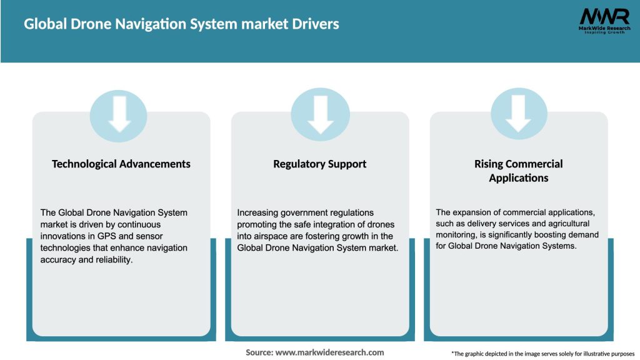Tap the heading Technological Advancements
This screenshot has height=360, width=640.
coord(121,164)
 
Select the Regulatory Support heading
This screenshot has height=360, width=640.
coord(319,164)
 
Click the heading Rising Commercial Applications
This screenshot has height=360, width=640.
coord(518,171)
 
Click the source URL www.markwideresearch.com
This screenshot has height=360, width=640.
coord(329,352)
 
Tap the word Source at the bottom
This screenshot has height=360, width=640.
coord(259,352)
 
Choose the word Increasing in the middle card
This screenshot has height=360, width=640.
coord(258,212)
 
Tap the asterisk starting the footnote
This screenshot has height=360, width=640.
coord(452,353)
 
